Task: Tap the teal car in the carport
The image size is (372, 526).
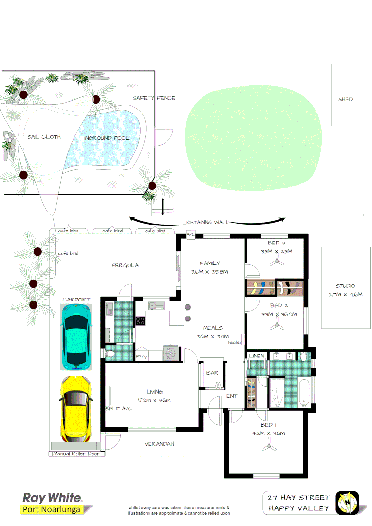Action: pyautogui.click(x=75, y=336)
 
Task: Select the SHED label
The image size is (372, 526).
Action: pyautogui.click(x=345, y=99)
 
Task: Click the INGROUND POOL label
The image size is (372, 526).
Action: pyautogui.click(x=107, y=138)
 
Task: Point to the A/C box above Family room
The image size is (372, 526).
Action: pyautogui.click(x=191, y=235)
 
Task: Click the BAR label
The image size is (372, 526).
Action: pyautogui.click(x=212, y=373)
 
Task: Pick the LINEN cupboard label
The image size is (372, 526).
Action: pyautogui.click(x=257, y=356)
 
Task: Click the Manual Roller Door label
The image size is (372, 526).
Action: pyautogui.click(x=77, y=454)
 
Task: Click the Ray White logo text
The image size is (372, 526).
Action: pyautogui.click(x=52, y=498)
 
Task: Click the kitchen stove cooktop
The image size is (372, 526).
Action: pyautogui.click(x=140, y=320)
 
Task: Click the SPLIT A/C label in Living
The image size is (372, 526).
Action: pyautogui.click(x=118, y=408)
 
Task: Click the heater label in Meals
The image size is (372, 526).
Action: pyautogui.click(x=235, y=342)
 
